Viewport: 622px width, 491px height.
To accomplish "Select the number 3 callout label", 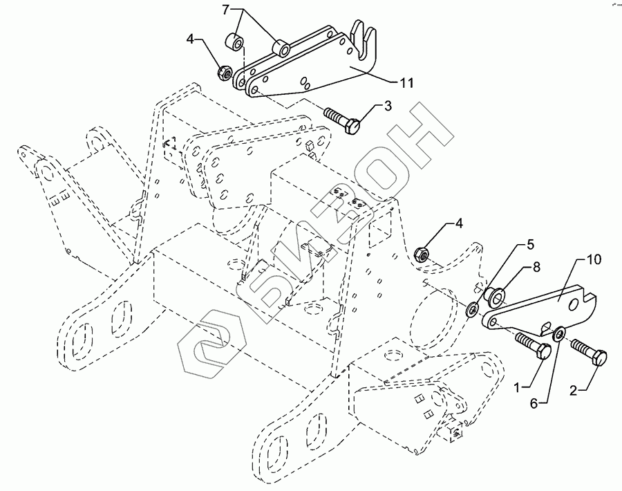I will pyautogui.click(x=388, y=105).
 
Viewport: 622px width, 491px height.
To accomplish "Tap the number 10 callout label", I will pyautogui.click(x=594, y=259).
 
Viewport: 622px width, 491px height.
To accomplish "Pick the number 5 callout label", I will pyautogui.click(x=531, y=244).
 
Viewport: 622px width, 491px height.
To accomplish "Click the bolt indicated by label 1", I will pyautogui.click(x=532, y=344).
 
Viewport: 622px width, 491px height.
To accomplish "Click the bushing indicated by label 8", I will pyautogui.click(x=493, y=295).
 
